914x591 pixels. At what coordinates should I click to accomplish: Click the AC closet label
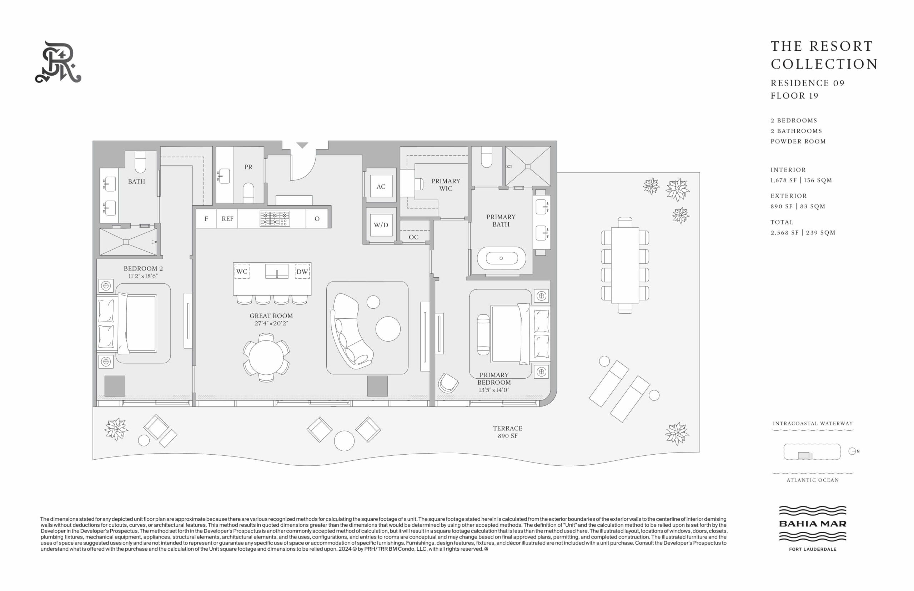381,187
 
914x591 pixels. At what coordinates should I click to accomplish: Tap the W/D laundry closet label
381,225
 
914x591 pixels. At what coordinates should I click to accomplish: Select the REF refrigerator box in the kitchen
227,219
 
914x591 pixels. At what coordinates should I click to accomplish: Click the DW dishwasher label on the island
302,272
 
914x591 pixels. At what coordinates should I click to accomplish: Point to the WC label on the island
241,271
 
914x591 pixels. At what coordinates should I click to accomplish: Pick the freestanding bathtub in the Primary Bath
501,258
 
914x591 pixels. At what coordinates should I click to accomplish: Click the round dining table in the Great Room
266,358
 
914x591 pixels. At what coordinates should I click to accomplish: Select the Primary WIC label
445,185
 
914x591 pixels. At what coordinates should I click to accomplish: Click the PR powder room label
248,167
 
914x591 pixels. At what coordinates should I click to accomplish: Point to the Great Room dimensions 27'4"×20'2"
271,323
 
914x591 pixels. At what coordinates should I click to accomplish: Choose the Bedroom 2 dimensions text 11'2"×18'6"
143,276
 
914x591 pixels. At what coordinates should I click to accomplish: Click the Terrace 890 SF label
507,432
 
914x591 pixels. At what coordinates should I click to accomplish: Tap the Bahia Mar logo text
812,524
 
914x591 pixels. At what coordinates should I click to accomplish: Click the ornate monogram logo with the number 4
58,62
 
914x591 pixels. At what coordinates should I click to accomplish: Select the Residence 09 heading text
808,83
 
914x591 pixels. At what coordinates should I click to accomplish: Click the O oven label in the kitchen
317,219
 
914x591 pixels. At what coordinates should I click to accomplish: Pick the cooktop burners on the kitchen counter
275,219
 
